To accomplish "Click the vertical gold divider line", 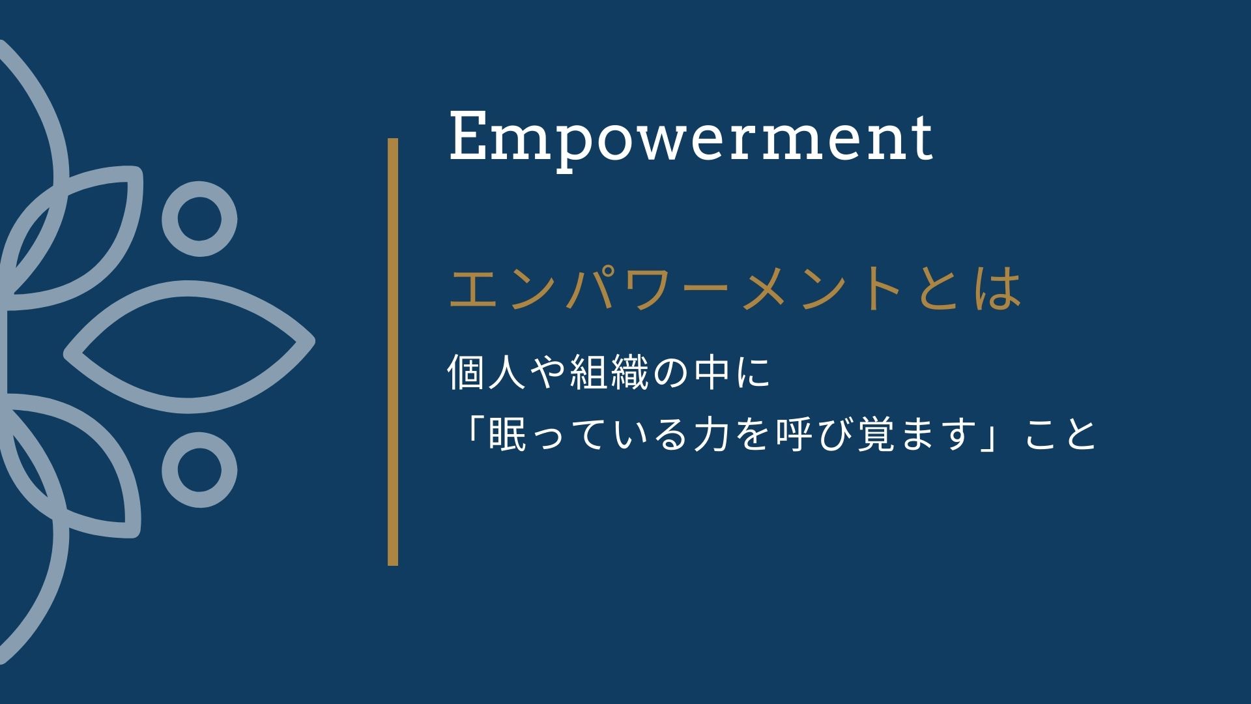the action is coord(393,351).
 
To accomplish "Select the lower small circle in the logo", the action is coord(199,471).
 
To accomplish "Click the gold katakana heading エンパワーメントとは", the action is coord(735,290).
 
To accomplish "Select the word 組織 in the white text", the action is coord(609,374).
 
